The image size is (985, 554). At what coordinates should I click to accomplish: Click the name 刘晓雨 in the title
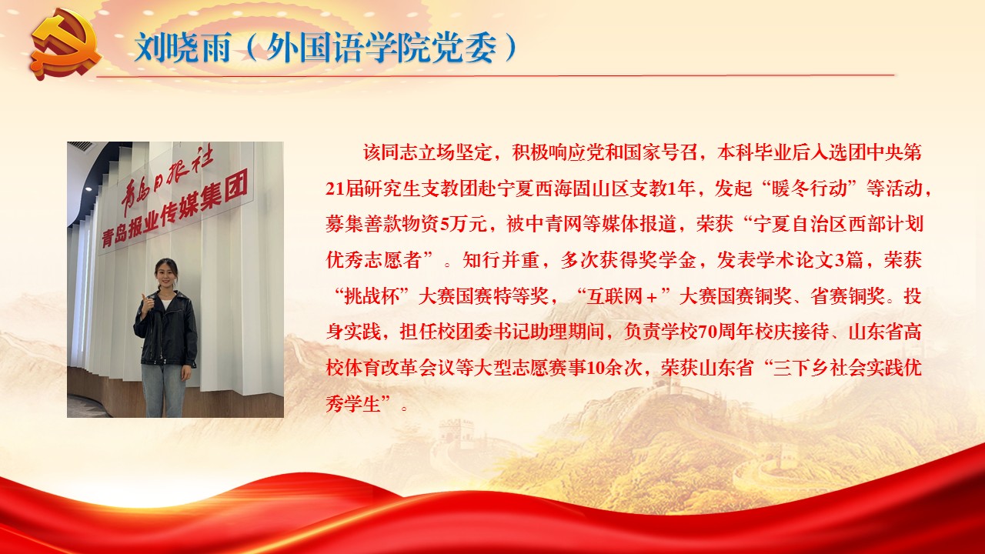coord(182,48)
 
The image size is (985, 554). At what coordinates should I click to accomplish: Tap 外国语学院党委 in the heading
coord(381,48)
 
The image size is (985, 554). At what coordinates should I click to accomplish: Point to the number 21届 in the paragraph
coord(345,189)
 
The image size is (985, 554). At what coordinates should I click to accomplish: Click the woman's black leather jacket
coord(165,328)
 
